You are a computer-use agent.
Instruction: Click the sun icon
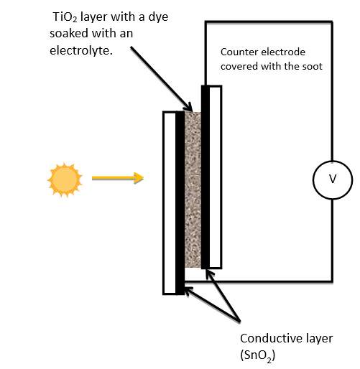tap(65, 179)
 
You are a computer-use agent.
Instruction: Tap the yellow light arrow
tap(118, 178)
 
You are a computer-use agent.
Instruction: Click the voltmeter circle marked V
tap(333, 179)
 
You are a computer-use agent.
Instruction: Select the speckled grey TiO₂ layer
tap(193, 190)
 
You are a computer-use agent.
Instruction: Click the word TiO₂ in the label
tap(65, 17)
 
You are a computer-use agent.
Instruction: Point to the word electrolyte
tap(81, 50)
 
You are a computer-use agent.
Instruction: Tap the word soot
tap(313, 66)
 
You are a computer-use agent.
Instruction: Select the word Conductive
tap(269, 338)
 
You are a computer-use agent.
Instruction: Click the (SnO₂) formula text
tap(258, 355)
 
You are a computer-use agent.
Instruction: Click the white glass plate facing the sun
tap(170, 203)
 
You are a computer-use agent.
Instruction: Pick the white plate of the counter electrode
tap(216, 177)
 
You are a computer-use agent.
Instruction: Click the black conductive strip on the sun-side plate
tap(180, 203)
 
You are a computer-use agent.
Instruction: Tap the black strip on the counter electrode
tap(206, 177)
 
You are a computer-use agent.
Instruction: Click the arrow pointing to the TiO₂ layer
tap(162, 79)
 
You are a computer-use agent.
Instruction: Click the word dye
tap(158, 17)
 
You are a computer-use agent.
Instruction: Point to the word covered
tap(239, 66)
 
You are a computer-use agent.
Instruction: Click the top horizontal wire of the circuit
tap(269, 22)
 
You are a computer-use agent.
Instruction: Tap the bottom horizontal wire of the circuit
tap(259, 281)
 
